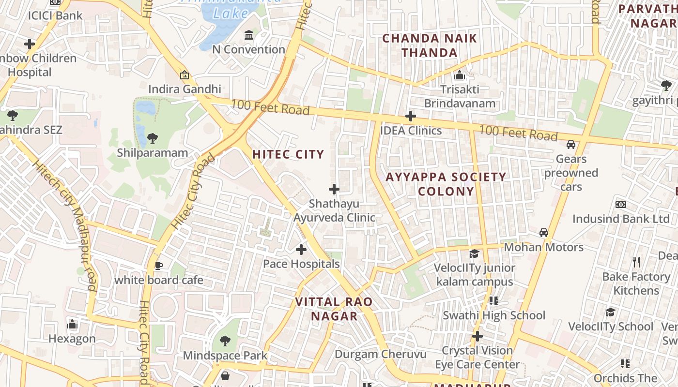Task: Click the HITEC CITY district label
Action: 288,154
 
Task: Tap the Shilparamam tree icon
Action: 153,138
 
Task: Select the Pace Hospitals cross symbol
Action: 301,250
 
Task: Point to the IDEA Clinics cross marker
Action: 411,116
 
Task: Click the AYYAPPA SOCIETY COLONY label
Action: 446,184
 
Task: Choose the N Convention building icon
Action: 249,35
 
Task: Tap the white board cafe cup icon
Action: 159,265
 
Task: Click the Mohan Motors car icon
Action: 544,233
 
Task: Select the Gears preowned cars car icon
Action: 571,144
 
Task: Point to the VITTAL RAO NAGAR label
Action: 334,309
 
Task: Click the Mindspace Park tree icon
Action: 225,341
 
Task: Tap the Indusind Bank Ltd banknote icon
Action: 620,205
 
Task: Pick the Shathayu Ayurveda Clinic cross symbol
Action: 334,189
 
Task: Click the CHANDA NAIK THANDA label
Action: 430,45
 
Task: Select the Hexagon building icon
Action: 72,324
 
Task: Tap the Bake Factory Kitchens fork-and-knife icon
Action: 636,262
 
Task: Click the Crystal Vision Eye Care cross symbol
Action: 478,336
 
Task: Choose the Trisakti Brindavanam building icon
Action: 459,75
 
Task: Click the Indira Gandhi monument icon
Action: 184,75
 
